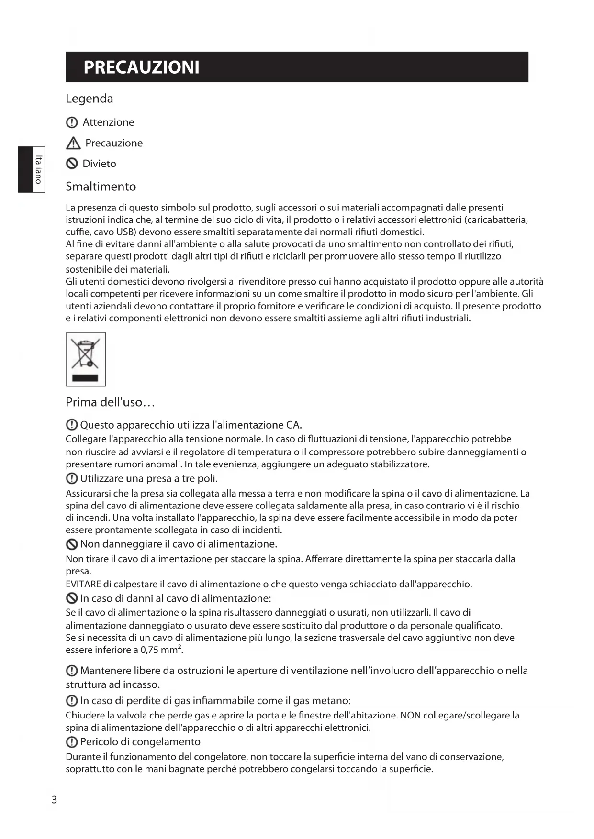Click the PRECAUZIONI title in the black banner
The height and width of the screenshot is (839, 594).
point(141,67)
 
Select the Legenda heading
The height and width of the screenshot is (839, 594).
point(90,99)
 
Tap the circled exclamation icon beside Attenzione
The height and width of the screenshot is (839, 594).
point(71,122)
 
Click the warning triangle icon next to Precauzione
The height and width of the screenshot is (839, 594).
point(73,143)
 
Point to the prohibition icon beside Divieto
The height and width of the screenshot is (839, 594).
point(72,164)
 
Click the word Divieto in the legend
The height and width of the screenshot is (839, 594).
point(99,164)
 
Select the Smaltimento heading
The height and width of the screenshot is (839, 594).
point(101,187)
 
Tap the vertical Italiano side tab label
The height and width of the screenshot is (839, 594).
point(38,169)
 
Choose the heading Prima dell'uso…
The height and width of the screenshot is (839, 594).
point(110,402)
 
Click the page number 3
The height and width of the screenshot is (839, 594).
point(54,800)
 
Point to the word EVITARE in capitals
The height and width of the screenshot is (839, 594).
point(83,584)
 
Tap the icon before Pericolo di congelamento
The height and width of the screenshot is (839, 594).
point(72,742)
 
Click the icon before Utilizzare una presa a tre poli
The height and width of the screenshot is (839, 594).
point(72,478)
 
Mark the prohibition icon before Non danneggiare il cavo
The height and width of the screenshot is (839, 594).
point(72,544)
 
